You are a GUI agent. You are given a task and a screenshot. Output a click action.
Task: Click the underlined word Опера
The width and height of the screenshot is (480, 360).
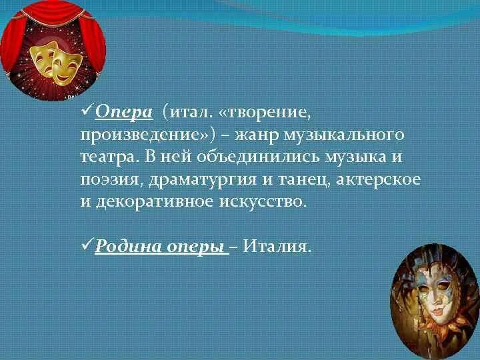pos(124,112)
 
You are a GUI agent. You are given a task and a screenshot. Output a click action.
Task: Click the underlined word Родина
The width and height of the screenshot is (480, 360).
pos(123,246)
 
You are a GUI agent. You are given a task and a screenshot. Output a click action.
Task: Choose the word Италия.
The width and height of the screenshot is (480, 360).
pos(277,246)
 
